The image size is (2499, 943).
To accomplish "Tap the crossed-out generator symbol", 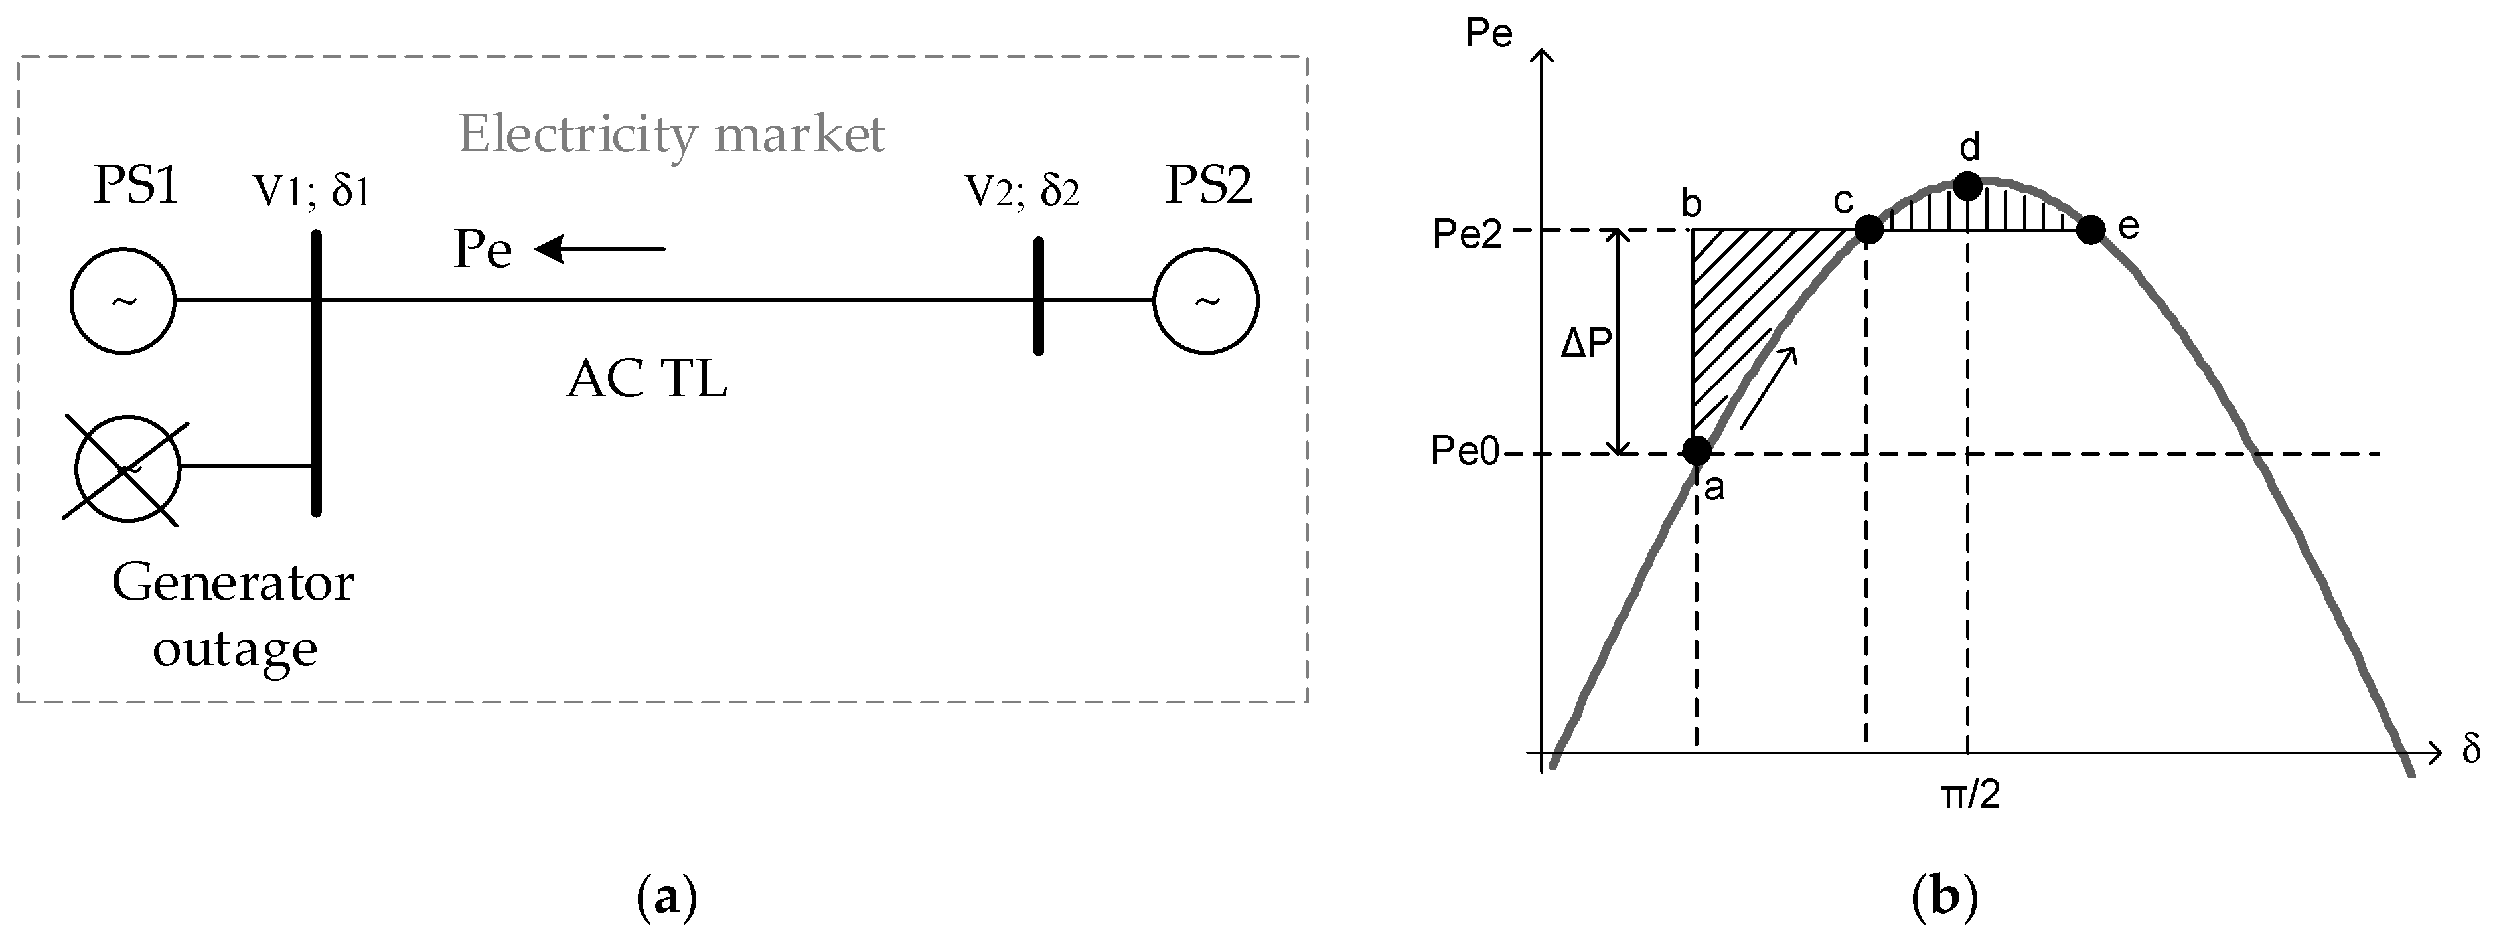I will tap(127, 470).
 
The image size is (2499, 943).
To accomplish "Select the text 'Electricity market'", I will tap(671, 134).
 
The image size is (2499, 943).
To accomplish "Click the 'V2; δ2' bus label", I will tap(1022, 191).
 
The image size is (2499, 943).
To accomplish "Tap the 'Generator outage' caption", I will tap(233, 615).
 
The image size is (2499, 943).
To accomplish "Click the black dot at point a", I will tap(1696, 450).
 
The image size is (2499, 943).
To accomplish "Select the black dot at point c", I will tap(1868, 230).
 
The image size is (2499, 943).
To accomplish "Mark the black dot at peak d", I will tap(1967, 185).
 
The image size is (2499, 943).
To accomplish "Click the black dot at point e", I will tap(2091, 230).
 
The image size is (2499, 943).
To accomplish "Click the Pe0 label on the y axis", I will tap(1465, 452).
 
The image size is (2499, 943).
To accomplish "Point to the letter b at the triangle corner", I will tap(1691, 204).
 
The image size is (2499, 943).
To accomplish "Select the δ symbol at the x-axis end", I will tap(2471, 750).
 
